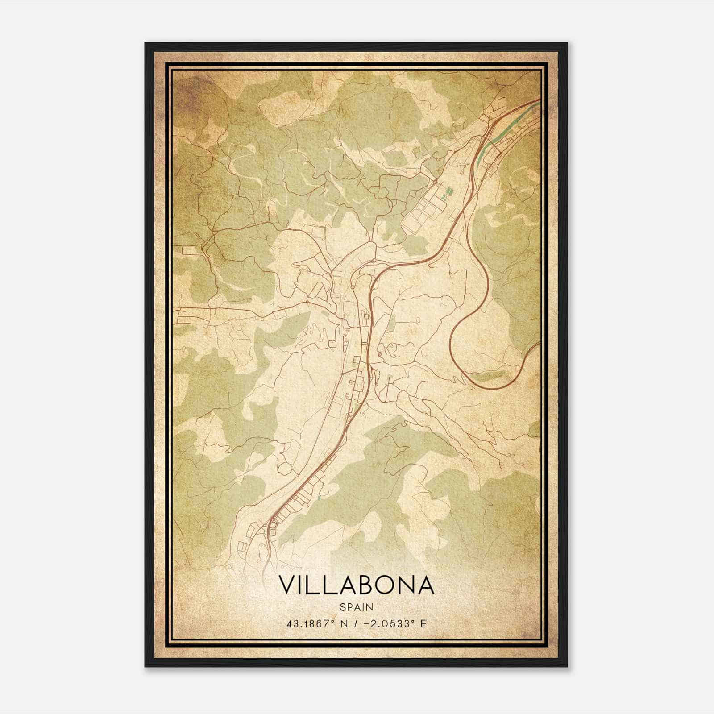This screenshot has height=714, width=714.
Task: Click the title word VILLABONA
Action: point(356,585)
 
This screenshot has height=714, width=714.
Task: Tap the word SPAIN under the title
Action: point(356,607)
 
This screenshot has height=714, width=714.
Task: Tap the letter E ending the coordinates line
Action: point(423,623)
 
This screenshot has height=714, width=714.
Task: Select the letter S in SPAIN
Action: point(342,607)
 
